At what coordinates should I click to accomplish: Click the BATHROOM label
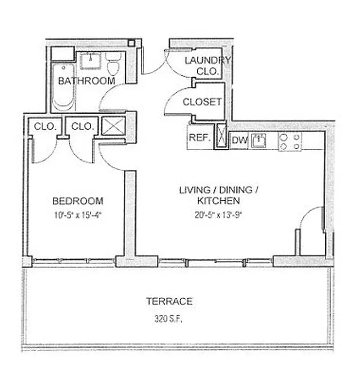(86, 81)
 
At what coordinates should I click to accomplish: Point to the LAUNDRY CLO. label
(207, 66)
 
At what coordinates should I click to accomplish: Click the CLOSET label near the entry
(202, 102)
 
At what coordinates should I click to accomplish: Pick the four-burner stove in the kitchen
(290, 141)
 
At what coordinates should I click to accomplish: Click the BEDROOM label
(78, 201)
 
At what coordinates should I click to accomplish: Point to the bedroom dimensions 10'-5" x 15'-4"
(78, 214)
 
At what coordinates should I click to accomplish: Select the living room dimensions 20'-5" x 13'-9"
(218, 214)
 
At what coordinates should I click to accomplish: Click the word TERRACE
(169, 301)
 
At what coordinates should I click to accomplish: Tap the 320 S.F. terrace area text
(169, 320)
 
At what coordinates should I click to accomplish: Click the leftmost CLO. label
(45, 126)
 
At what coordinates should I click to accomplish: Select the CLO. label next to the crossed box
(82, 126)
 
